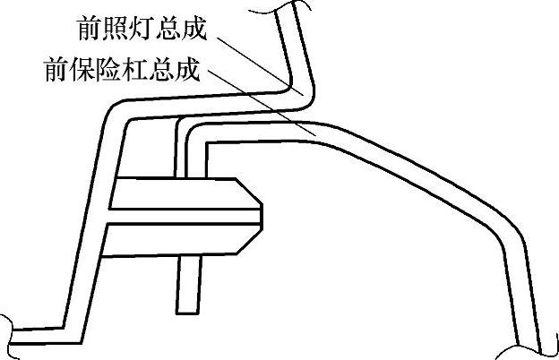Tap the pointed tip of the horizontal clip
tap(262, 212)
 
